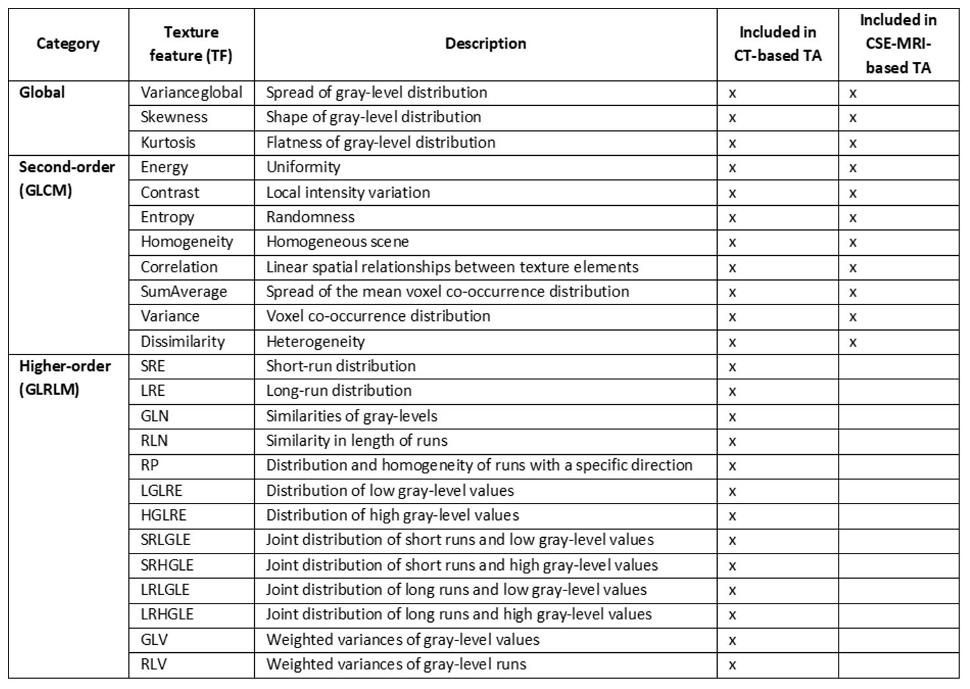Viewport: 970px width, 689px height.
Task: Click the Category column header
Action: tap(68, 44)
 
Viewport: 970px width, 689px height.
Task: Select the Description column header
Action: tap(486, 44)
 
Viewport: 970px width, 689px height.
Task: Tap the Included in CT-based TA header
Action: tap(777, 44)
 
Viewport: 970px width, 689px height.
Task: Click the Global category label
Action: tap(42, 93)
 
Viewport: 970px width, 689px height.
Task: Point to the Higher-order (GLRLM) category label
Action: tap(65, 378)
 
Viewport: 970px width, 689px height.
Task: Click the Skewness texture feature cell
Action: tap(174, 118)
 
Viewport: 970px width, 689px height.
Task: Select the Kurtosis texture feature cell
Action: tap(168, 143)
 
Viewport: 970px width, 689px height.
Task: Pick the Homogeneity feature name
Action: tap(187, 242)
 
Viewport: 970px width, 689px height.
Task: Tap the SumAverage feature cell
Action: tap(184, 292)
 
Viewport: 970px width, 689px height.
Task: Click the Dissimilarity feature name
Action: tap(183, 342)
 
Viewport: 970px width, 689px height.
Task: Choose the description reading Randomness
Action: tap(310, 217)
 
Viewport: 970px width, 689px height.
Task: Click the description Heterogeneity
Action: tap(315, 342)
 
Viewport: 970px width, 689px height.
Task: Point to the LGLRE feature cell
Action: tap(162, 491)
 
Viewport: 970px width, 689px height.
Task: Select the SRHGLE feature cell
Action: tap(167, 565)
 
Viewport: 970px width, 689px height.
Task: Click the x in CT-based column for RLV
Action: tap(732, 665)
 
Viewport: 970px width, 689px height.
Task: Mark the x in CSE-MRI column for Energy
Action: tap(853, 168)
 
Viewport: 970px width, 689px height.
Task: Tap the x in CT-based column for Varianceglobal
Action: tap(732, 94)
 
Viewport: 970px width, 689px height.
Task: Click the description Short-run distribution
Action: tap(341, 366)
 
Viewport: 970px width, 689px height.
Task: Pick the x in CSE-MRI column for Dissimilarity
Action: tap(853, 343)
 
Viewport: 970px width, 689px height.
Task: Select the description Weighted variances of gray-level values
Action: tap(403, 640)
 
